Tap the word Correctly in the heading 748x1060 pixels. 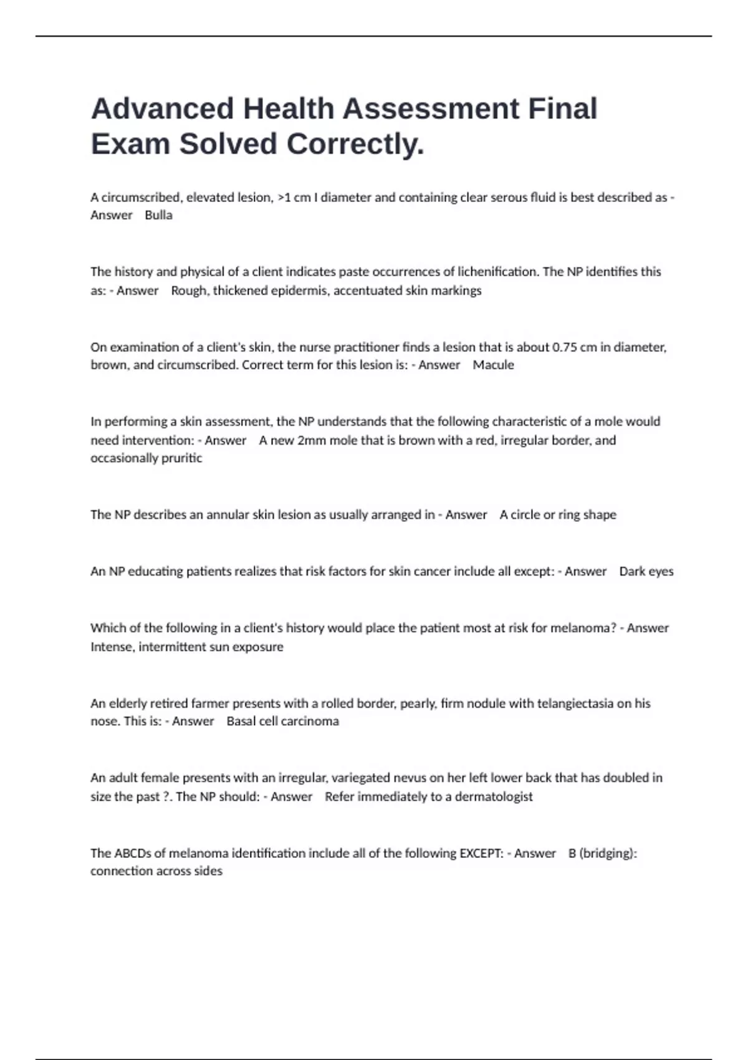click(355, 144)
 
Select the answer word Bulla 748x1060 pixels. click(158, 215)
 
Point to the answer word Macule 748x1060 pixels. click(493, 365)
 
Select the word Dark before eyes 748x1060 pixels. click(632, 571)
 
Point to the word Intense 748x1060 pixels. click(112, 647)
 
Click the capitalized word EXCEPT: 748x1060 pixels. click(481, 853)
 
